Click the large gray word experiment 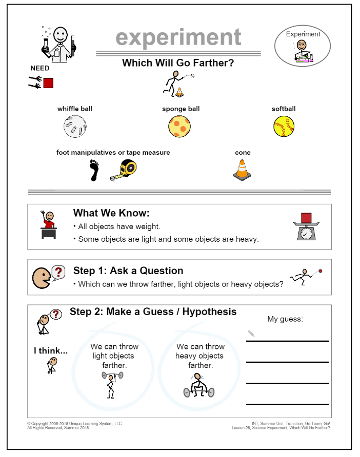click(178, 37)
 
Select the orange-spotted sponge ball click(179, 126)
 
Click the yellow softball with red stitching click(284, 126)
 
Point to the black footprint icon click(93, 170)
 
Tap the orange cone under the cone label click(242, 170)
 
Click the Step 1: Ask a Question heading click(128, 271)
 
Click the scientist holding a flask click(58, 43)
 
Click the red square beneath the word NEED click(48, 83)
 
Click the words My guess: click(285, 319)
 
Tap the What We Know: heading click(111, 213)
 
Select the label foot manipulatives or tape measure click(113, 153)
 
